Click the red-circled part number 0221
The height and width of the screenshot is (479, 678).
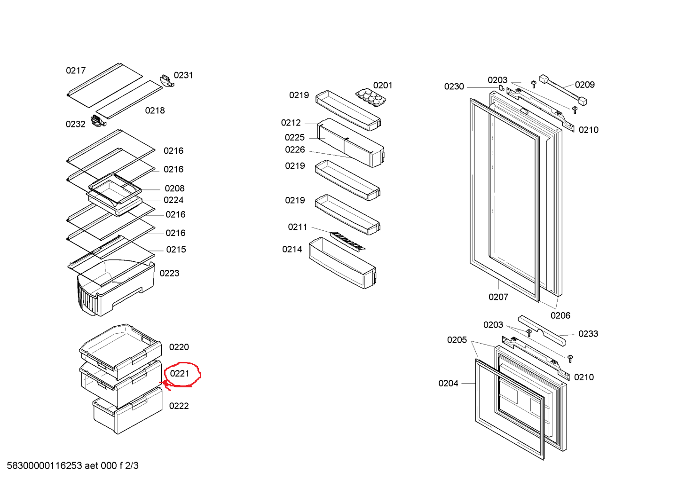(180, 374)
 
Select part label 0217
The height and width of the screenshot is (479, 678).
(76, 71)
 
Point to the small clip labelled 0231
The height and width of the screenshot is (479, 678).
(167, 80)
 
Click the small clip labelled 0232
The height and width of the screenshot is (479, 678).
(98, 121)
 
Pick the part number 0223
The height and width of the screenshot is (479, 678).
(169, 274)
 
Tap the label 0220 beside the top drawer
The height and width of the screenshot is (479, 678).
(179, 347)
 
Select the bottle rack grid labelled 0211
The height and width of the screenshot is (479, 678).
(347, 241)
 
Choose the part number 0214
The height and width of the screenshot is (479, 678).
(292, 250)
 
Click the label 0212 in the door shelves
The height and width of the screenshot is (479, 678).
(291, 123)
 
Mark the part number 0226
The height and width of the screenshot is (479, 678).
(295, 150)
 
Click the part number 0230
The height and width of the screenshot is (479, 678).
(454, 87)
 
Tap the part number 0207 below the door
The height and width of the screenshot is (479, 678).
(498, 297)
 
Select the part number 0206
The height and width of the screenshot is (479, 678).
(560, 316)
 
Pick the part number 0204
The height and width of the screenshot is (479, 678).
(448, 384)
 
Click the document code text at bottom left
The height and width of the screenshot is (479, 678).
(73, 466)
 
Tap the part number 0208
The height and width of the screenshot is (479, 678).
(174, 188)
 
